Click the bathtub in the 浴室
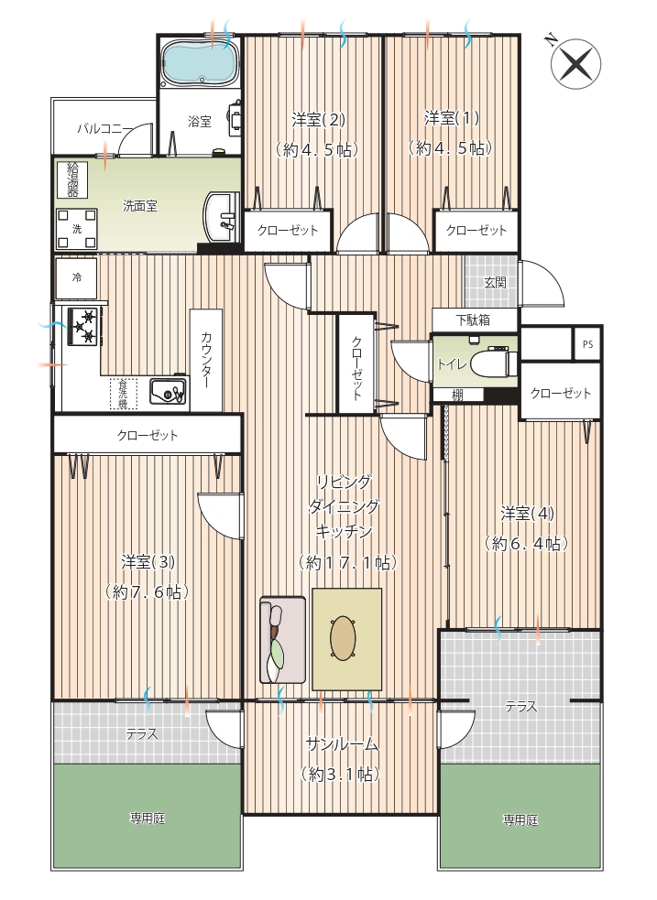pos(199,62)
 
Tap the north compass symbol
pos(575,63)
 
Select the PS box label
pos(587,344)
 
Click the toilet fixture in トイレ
pos(495,363)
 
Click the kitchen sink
pos(169,393)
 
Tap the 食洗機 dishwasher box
pos(124,394)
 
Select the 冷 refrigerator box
pos(76,278)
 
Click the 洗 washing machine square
pos(76,229)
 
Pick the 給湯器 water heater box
pos(72,179)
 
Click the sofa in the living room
pos(282,639)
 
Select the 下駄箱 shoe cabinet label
pos(473,320)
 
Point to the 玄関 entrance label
pos(495,282)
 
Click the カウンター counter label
pos(206,360)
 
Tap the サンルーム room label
pos(342,744)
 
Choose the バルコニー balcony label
pos(105,128)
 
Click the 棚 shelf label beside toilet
pos(458,395)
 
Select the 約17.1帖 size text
pos(348,562)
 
